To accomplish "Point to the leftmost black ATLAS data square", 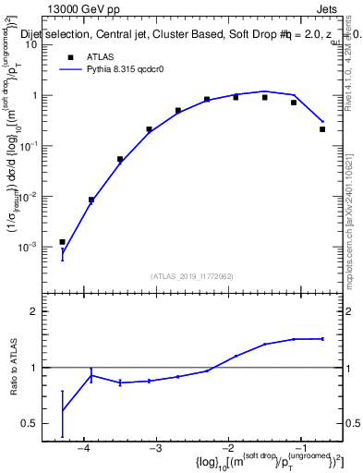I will click(x=62, y=242).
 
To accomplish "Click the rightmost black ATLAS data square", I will click(x=322, y=129).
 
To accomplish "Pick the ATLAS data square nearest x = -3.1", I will click(x=149, y=129).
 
